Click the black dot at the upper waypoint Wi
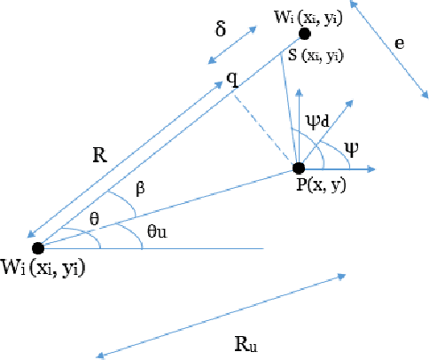pyautogui.click(x=304, y=34)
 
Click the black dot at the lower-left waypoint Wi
pyautogui.click(x=37, y=248)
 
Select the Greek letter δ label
pyautogui.click(x=221, y=28)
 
